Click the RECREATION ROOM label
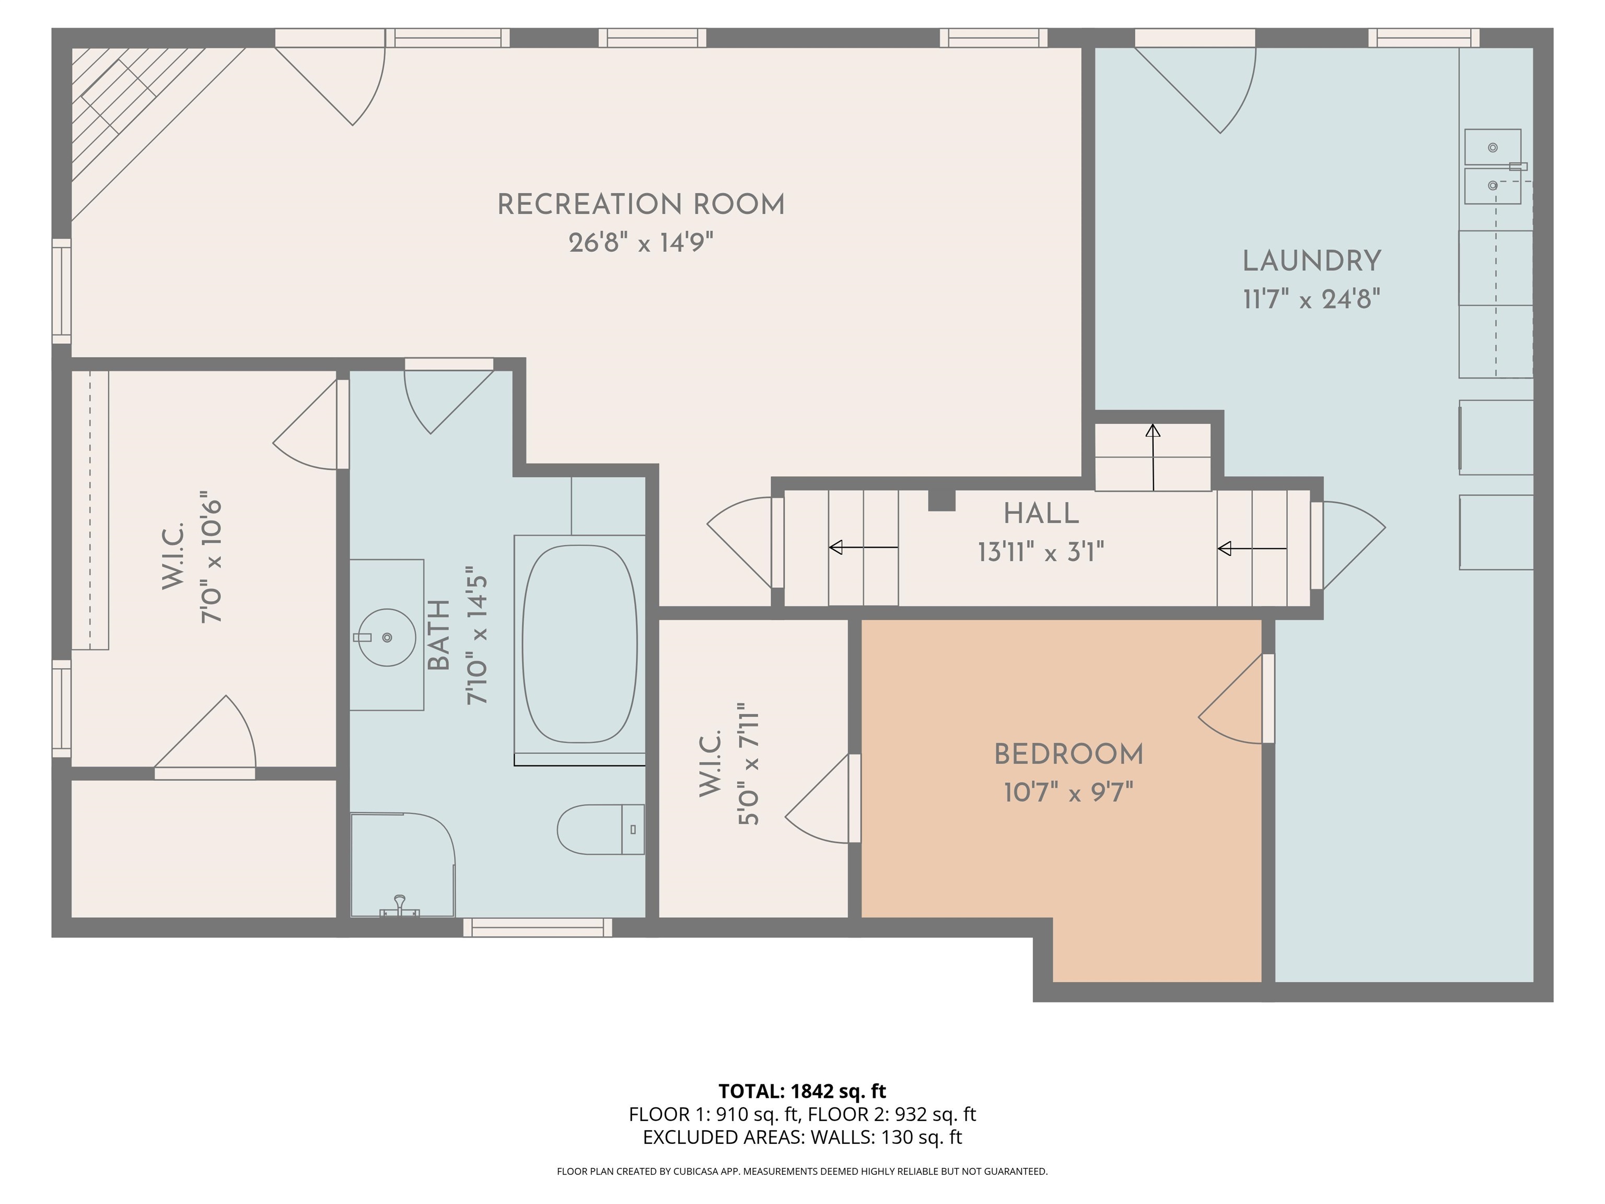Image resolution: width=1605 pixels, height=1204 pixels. click(641, 205)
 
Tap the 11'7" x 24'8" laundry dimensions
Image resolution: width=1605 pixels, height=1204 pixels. click(1311, 299)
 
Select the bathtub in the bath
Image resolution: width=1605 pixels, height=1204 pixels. click(579, 644)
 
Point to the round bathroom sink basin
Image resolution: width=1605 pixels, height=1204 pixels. click(387, 637)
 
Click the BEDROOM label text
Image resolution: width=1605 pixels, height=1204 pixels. click(1068, 755)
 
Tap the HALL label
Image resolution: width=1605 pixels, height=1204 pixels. click(1041, 514)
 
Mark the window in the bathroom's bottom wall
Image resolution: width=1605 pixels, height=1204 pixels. click(537, 928)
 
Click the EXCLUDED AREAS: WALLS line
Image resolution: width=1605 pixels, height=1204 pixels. click(802, 1137)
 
